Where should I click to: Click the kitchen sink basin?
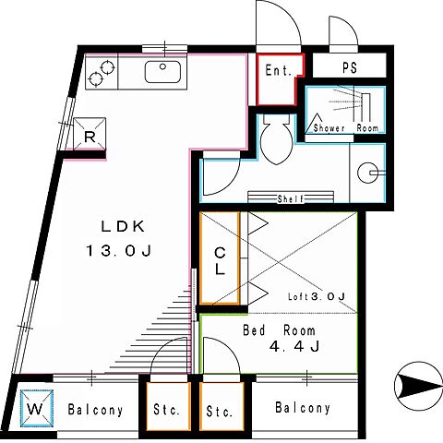coord(162,72)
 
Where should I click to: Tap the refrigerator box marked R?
coord(90,134)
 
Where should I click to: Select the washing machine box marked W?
coord(37,409)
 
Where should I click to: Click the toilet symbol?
coord(276,138)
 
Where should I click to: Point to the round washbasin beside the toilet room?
coord(368,173)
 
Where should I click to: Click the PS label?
coord(350,67)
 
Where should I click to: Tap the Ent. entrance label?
coord(278,70)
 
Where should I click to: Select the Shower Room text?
coord(345,127)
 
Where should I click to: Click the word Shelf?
coord(291,198)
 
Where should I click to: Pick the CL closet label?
coord(220,261)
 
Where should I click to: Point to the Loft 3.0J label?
coord(317,296)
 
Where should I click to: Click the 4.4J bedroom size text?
coord(294,346)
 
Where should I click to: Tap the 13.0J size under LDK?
coord(118,251)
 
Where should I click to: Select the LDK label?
coord(123,227)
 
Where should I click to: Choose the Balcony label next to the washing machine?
coord(95,410)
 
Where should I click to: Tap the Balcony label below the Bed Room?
coord(303,408)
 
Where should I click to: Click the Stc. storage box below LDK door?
coord(168,406)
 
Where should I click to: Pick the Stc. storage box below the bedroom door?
coord(221,406)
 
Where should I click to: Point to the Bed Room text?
coord(279,330)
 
